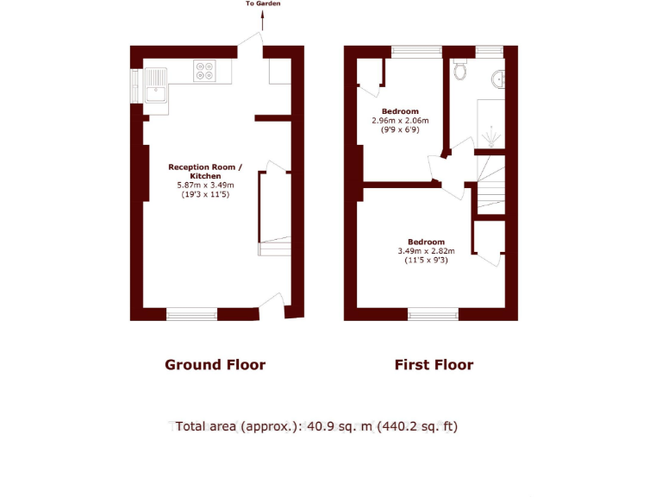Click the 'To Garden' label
[x=263, y=4]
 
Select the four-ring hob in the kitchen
[x=205, y=70]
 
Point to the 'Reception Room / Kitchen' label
[x=205, y=171]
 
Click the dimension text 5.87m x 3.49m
[x=205, y=186]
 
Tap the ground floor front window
[x=191, y=314]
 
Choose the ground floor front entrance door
[x=272, y=304]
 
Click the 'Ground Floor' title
[x=215, y=365]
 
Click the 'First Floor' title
[x=434, y=365]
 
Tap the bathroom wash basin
[x=499, y=81]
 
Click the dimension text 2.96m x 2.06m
[x=400, y=121]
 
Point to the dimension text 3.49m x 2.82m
[x=426, y=251]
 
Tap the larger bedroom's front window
[x=433, y=314]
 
